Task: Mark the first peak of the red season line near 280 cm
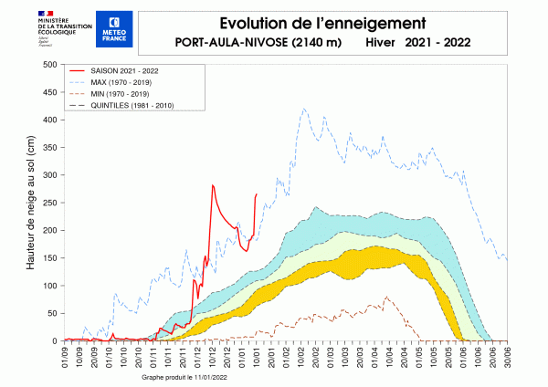click(x=213, y=185)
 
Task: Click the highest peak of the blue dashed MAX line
click(x=304, y=109)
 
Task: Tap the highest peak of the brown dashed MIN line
click(x=386, y=297)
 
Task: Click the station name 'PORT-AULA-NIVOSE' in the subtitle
click(x=237, y=43)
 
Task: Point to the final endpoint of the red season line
click(x=257, y=193)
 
